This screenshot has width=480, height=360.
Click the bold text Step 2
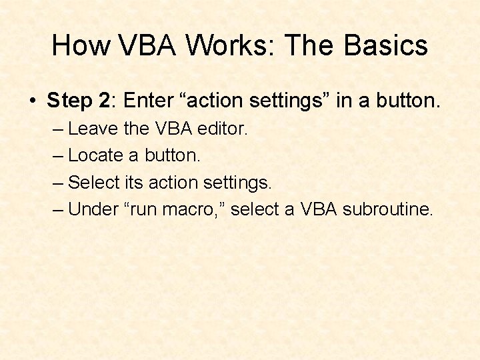[78, 101]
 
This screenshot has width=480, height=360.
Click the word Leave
[93, 129]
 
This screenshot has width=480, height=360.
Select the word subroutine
[387, 209]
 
